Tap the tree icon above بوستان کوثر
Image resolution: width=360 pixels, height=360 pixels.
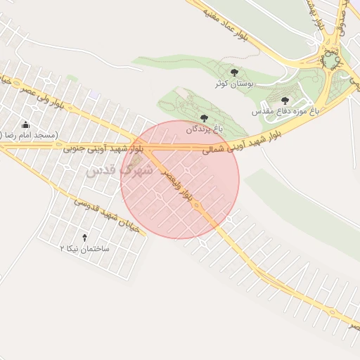click(x=234, y=72)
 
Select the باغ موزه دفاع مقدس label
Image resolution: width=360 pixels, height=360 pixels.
click(x=285, y=111)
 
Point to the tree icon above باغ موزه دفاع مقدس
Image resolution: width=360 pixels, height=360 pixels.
click(x=285, y=101)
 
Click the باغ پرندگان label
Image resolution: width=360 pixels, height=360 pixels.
click(x=204, y=129)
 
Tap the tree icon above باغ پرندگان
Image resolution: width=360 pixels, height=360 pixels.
click(x=204, y=118)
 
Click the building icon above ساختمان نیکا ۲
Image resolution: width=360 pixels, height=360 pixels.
click(x=86, y=238)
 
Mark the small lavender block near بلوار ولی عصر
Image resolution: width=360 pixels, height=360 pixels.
click(x=95, y=94)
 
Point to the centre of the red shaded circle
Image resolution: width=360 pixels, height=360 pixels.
click(x=180, y=180)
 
